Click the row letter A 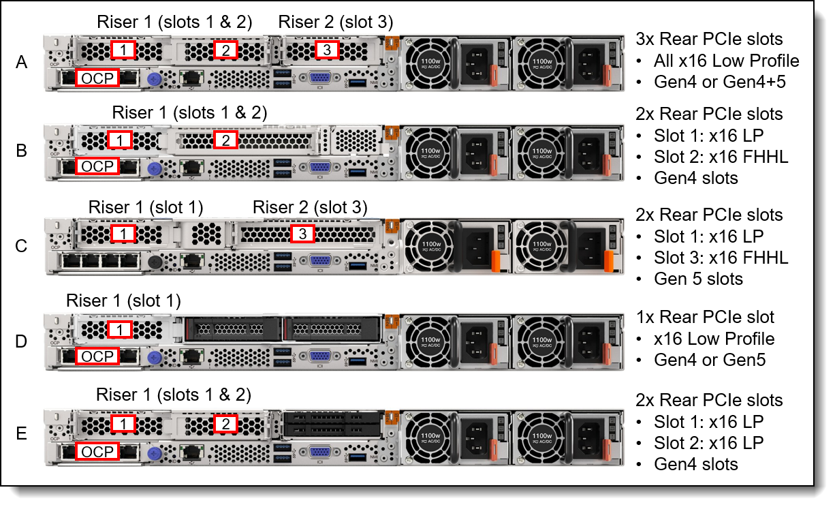click(22, 63)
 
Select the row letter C click(22, 246)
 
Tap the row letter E click(22, 434)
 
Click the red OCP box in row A click(97, 78)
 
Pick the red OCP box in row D click(97, 356)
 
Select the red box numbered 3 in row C click(302, 234)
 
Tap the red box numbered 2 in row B click(225, 140)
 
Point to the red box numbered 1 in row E click(123, 424)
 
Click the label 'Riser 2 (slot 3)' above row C click(310, 206)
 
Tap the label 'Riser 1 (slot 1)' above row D click(123, 301)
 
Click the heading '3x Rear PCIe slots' click(708, 40)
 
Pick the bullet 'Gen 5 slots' click(698, 279)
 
